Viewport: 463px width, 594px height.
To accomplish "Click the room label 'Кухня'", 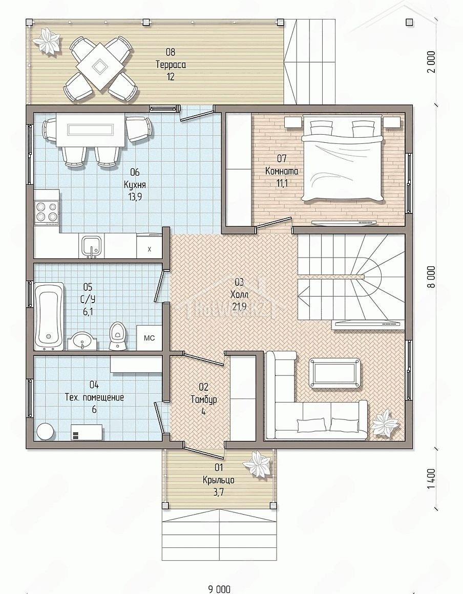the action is tap(135, 184).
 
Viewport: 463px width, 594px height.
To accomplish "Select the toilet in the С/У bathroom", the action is tap(117, 336).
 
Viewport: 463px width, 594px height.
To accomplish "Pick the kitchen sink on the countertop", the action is tap(91, 246).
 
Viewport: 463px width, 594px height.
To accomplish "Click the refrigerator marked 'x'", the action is tap(149, 249).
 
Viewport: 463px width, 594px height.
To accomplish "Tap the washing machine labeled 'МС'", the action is tap(149, 337).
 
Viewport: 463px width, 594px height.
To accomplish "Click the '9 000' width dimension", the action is tap(219, 589).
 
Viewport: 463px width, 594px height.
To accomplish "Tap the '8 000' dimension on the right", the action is tap(432, 277).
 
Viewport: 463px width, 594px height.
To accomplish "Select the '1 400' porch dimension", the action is tap(432, 480).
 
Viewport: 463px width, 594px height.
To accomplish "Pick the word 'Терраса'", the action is tap(171, 65).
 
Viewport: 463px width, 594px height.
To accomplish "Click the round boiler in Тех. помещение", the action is tap(46, 431).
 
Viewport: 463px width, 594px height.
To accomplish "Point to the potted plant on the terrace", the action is tap(48, 41).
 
